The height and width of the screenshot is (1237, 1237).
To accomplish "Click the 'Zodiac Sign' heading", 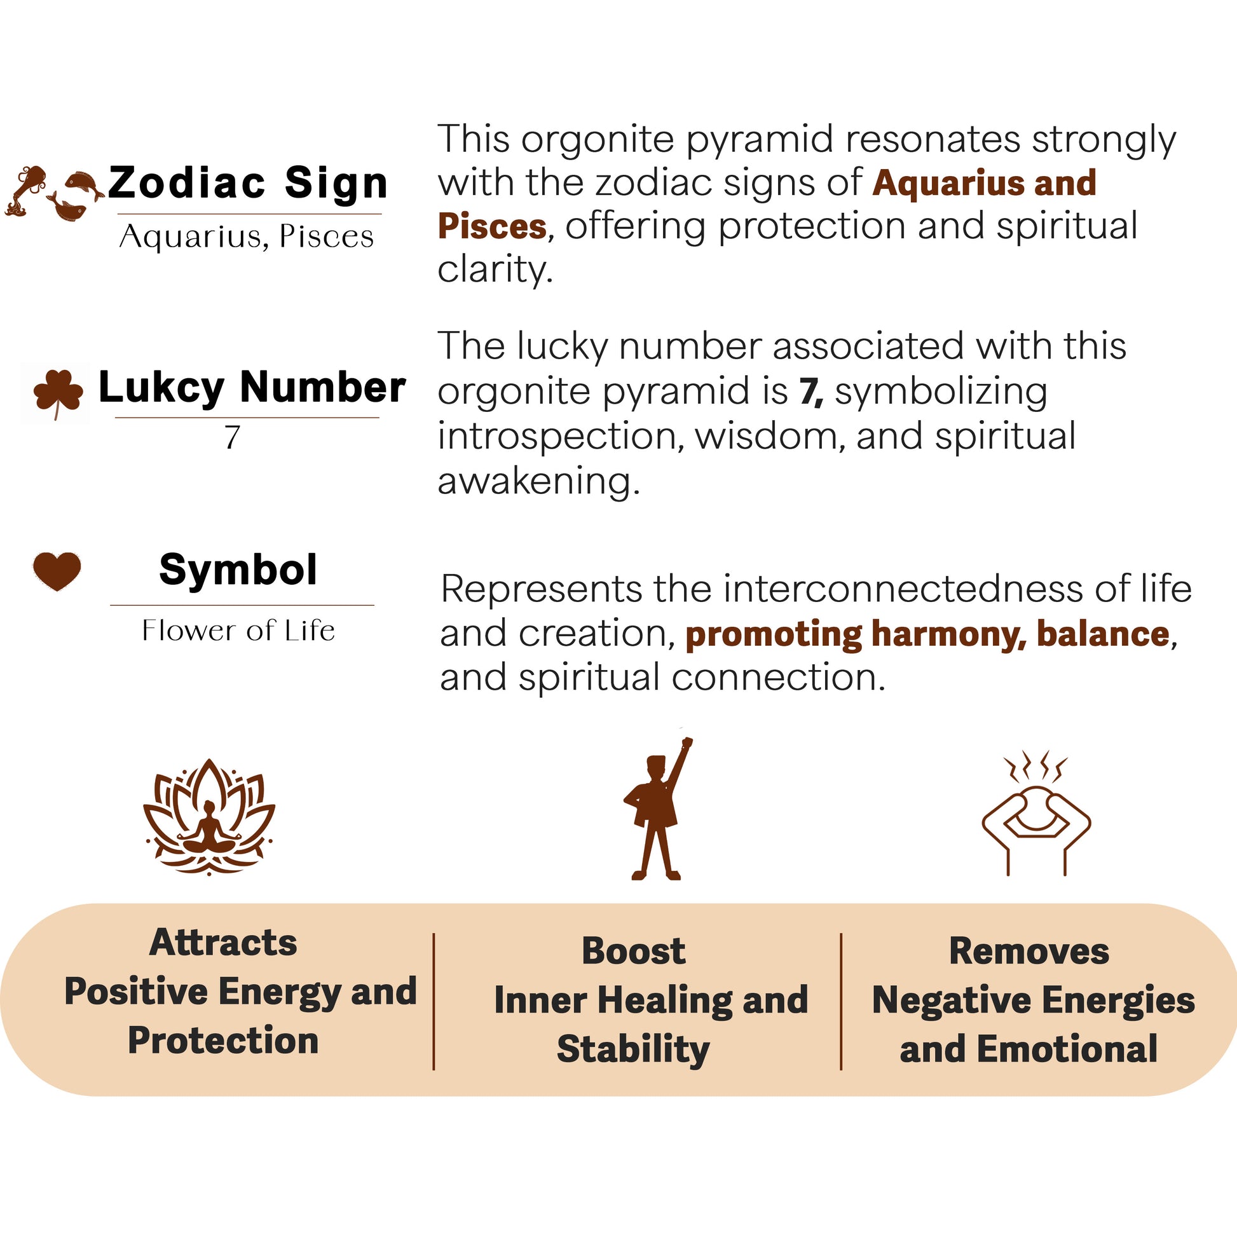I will coord(248,183).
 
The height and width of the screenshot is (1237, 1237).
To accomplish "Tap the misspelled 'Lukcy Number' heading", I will coord(252,388).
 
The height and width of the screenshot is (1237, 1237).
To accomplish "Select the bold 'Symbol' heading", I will coord(238,570).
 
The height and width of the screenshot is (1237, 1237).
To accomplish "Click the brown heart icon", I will coord(57,570).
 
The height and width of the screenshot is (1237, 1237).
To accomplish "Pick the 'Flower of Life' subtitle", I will coord(238,631).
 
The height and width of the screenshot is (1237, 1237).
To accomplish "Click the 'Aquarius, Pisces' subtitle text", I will coord(247,237).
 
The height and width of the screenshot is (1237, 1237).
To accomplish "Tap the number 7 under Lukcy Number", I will coord(232,438).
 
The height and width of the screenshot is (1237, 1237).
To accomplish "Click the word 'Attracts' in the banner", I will coord(223,943).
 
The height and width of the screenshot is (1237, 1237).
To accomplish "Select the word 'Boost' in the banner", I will coord(633,951).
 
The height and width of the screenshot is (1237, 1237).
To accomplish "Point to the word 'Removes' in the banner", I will coord(1029,951).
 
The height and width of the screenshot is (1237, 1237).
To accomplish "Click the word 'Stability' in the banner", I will coord(633,1049).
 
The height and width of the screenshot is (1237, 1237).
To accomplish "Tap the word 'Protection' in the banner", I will coord(223,1041).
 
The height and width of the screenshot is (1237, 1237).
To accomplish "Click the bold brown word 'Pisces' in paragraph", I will coord(492,227).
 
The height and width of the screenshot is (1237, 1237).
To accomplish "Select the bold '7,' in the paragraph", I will coord(810,391).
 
